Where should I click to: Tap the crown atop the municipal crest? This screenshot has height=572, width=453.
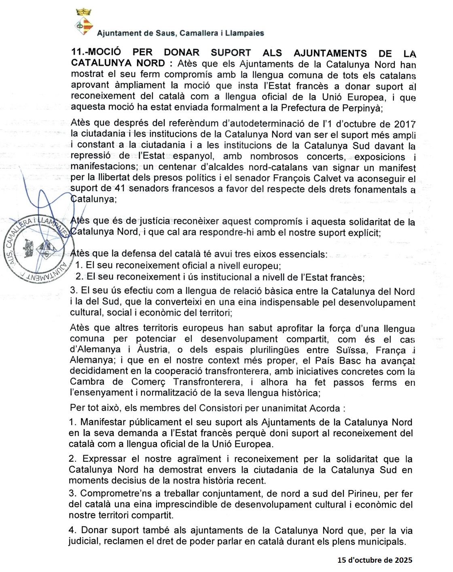pyautogui.click(x=84, y=12)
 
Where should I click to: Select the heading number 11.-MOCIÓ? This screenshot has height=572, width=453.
pyautogui.click(x=96, y=52)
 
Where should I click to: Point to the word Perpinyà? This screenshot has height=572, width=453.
pyautogui.click(x=362, y=108)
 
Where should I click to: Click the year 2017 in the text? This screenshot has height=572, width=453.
pyautogui.click(x=405, y=124)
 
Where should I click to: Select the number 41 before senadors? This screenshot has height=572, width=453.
pyautogui.click(x=120, y=189)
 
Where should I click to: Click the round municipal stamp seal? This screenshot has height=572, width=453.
pyautogui.click(x=39, y=248)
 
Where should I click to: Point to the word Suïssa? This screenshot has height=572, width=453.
pyautogui.click(x=351, y=350)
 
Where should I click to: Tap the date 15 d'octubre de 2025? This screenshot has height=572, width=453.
pyautogui.click(x=375, y=560)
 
